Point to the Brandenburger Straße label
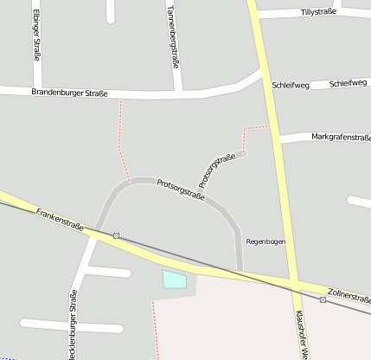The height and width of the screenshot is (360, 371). [69, 92]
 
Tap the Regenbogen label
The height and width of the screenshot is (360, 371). [265, 241]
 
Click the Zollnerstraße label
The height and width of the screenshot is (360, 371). [349, 295]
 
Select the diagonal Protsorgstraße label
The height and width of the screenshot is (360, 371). [217, 170]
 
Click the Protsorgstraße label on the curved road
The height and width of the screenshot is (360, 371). [181, 190]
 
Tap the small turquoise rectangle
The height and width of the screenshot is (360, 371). [174, 279]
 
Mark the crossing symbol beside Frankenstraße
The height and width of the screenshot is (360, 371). [115, 235]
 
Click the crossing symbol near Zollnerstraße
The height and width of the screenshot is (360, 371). [323, 299]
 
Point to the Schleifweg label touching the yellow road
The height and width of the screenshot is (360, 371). [291, 86]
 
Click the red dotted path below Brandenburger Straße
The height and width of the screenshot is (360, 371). [121, 138]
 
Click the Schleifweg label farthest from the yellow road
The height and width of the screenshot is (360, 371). [348, 83]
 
